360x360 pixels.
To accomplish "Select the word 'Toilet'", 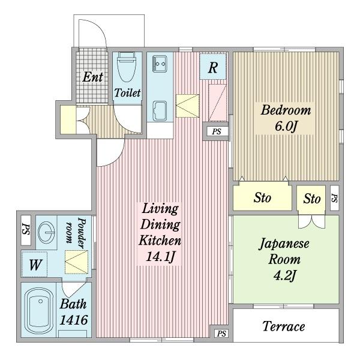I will pos(127,93).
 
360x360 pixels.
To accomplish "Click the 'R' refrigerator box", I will pos(212,68).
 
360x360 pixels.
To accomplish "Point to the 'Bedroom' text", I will pos(286,110).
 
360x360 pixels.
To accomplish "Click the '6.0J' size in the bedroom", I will pos(286,127).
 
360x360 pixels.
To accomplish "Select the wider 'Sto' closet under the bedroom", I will pos(262,199).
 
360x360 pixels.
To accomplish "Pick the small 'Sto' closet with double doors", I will pos(311,199).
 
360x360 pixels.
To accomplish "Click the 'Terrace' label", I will pos(284,327).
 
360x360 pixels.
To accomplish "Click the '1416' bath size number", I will pos(74,320).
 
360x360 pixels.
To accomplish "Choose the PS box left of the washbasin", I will pos(26,230).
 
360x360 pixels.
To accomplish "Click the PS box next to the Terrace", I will pos(221,334).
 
